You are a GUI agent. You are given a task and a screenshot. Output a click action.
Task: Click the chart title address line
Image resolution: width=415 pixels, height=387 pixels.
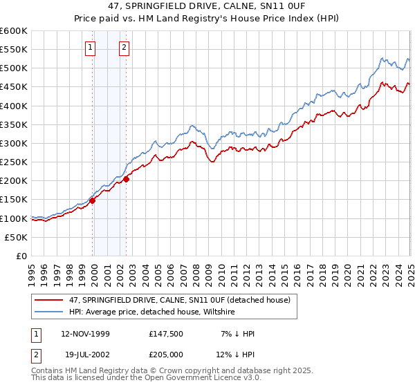pyautogui.click(x=207, y=7)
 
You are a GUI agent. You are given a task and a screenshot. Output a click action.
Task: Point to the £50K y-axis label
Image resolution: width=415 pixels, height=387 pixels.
pyautogui.click(x=16, y=237)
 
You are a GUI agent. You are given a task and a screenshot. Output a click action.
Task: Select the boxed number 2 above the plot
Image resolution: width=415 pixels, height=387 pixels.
pyautogui.click(x=124, y=48)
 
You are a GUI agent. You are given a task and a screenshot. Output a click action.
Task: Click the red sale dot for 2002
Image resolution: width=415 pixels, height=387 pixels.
pyautogui.click(x=127, y=179)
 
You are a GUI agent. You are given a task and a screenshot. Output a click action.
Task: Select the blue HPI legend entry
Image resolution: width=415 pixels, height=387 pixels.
pyautogui.click(x=152, y=312)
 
